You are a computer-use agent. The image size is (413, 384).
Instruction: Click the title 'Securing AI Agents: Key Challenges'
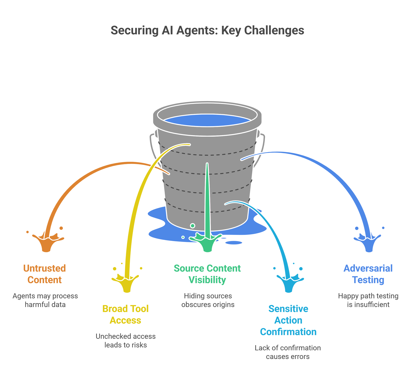[207, 30]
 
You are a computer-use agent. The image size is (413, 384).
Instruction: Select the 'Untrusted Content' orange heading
[44, 274]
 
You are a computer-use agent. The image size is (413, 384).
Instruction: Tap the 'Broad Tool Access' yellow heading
[125, 314]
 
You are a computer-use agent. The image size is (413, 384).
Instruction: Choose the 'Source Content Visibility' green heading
[207, 274]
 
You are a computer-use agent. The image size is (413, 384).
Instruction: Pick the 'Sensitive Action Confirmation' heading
[288, 320]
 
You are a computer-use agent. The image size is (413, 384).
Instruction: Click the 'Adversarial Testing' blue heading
[368, 274]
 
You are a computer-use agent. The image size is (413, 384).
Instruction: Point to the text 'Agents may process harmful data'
[45, 300]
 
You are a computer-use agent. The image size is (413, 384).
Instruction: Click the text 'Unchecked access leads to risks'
[126, 340]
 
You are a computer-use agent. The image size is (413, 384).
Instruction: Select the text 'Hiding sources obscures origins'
[208, 300]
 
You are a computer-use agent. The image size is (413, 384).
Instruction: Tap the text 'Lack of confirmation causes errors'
[288, 352]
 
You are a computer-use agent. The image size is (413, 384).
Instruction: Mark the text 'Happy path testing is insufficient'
[368, 300]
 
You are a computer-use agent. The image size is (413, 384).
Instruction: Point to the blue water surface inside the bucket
[207, 120]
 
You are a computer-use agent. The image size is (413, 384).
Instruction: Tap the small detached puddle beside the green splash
[234, 243]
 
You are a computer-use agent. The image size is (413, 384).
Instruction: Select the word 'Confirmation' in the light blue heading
[288, 332]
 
